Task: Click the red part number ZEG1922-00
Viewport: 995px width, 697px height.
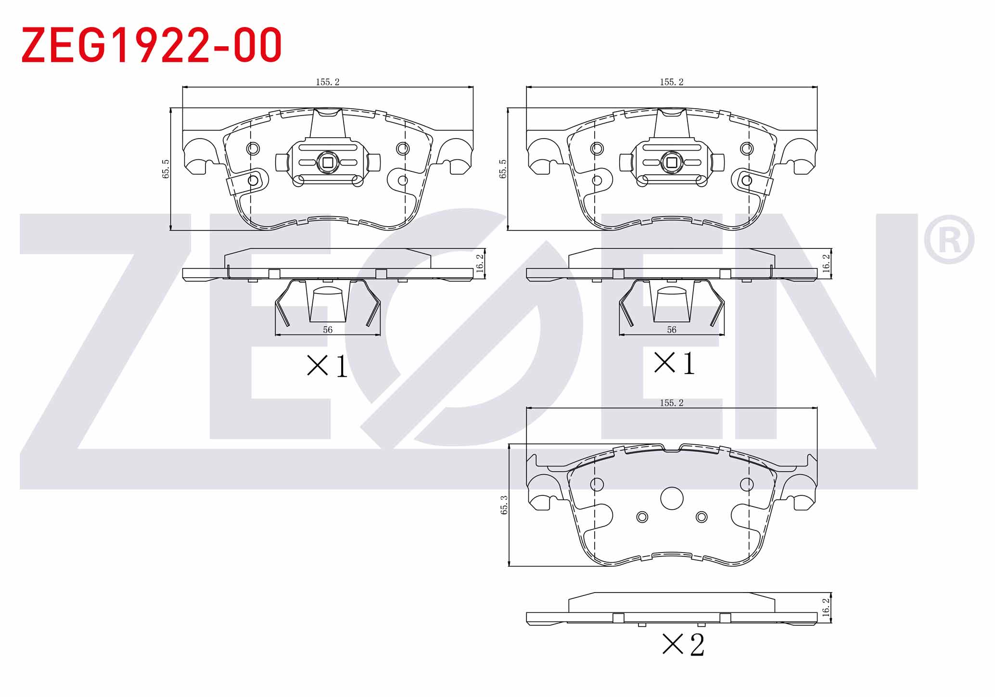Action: pyautogui.click(x=152, y=45)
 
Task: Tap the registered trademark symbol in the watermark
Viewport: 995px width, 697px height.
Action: pyautogui.click(x=949, y=239)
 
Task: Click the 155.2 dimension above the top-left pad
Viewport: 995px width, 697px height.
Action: pyautogui.click(x=328, y=82)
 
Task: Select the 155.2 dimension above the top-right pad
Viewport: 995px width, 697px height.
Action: pyautogui.click(x=672, y=82)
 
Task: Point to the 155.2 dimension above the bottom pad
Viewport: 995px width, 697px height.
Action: pyautogui.click(x=672, y=403)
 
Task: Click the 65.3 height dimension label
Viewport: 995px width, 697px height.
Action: pyautogui.click(x=504, y=505)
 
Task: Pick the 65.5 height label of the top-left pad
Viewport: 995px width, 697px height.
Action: pyautogui.click(x=166, y=169)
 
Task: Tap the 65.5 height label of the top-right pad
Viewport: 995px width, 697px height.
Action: pyautogui.click(x=503, y=169)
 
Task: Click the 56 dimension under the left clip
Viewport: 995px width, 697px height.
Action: pyautogui.click(x=328, y=330)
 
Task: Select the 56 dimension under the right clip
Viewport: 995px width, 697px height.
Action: pyautogui.click(x=672, y=330)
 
